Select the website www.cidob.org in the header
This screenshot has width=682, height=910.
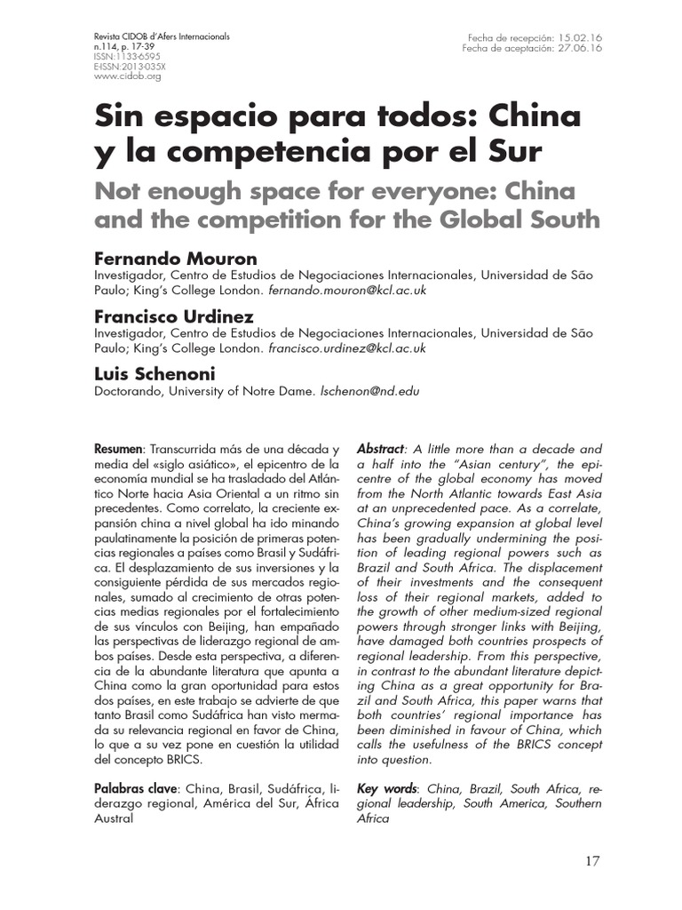127,76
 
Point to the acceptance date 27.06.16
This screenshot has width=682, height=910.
581,48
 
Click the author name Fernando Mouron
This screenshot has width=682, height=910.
176,259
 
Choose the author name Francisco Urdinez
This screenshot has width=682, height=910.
174,316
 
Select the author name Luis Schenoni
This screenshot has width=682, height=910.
156,374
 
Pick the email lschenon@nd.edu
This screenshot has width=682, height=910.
369,391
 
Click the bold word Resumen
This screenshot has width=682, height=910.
119,450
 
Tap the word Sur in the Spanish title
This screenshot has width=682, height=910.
509,151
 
